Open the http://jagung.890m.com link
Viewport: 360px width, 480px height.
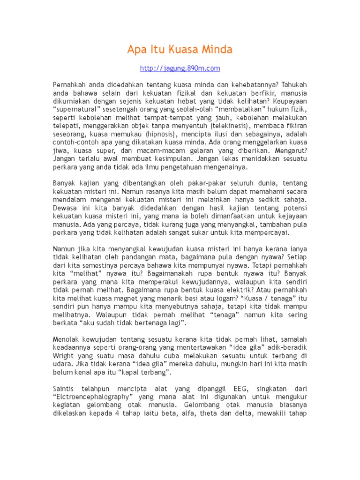tap(180, 68)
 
